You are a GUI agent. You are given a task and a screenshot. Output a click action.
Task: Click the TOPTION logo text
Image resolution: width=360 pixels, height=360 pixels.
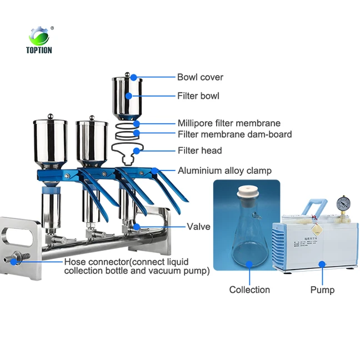tap(39, 50)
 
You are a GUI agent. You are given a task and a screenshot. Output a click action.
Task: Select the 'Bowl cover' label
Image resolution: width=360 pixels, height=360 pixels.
tap(200, 77)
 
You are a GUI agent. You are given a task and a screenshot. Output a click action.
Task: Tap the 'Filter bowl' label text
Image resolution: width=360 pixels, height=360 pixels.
tap(198, 96)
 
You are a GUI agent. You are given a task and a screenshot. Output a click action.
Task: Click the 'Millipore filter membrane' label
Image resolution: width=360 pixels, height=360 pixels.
tap(228, 123)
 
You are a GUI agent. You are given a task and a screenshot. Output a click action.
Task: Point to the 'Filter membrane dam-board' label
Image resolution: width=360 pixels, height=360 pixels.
tap(234, 134)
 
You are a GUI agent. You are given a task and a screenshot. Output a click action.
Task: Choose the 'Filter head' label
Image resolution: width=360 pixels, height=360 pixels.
tap(199, 151)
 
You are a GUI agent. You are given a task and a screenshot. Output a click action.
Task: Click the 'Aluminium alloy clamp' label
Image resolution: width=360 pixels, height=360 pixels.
tap(224, 171)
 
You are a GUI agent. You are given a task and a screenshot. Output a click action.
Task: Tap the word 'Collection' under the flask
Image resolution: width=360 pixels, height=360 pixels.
tap(249, 289)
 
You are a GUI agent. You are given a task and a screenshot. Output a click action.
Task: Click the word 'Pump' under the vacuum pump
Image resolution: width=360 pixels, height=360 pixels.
tap(322, 289)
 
